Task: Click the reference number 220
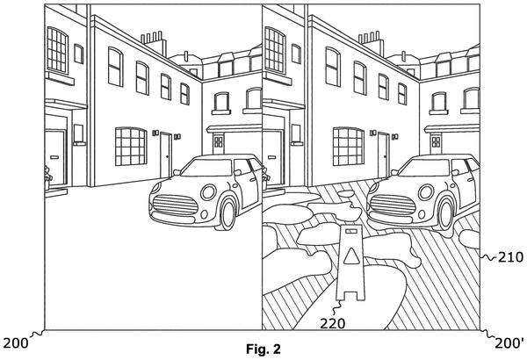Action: coord(332,323)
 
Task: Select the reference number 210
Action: coord(510,257)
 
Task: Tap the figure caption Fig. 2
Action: coord(263,349)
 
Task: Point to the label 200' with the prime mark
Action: coord(509,343)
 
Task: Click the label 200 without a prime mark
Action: coord(16,343)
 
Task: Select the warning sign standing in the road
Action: coord(350,263)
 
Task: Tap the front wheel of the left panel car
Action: coord(227,214)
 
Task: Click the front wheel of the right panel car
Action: coord(445,214)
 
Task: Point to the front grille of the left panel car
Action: coord(176,205)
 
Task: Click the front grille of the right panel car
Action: coord(393,205)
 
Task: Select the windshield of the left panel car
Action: coord(207,168)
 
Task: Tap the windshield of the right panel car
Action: coord(425,168)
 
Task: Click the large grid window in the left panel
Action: coord(131,147)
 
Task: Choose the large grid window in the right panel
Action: coord(349,147)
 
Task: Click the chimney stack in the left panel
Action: coord(155,44)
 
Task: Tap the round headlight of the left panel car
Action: coord(208,192)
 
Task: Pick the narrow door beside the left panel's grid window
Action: coord(166,155)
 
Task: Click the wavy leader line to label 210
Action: coord(488,257)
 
